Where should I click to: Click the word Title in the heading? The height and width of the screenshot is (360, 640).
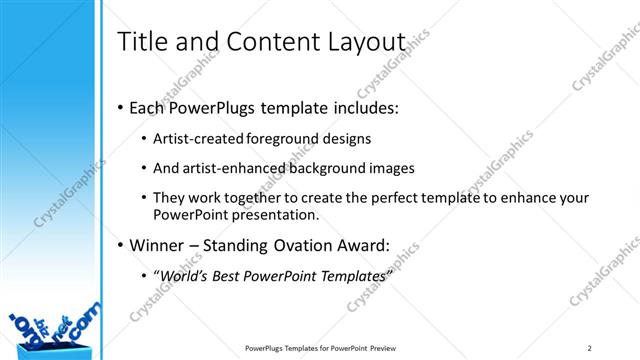click(x=141, y=43)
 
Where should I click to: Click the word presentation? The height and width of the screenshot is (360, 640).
click(x=283, y=214)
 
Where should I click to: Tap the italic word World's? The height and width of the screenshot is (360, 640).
click(x=185, y=275)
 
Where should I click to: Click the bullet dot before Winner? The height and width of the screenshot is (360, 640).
click(x=121, y=245)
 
